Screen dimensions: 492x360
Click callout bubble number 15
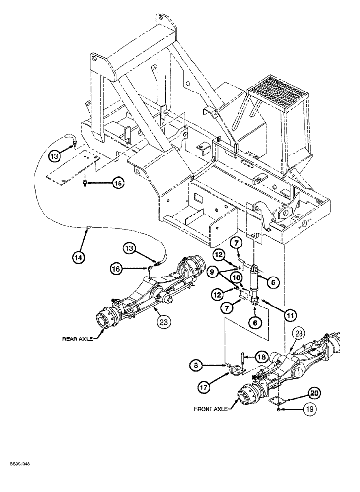coord(118,183)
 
